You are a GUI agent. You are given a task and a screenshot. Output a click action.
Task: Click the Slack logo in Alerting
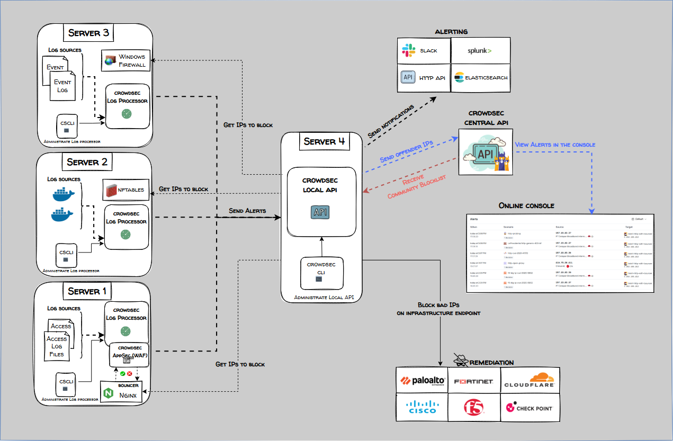coord(408,51)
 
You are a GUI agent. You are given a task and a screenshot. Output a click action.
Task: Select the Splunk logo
coord(479,51)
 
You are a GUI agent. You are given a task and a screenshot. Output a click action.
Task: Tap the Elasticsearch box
coord(480,78)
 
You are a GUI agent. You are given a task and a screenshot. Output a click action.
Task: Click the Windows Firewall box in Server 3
coord(126,60)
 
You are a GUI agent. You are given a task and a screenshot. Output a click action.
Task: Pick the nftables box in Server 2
coord(126,190)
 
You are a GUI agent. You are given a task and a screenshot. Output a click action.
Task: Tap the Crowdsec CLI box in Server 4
coord(321,272)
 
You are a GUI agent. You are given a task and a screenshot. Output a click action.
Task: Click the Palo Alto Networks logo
coord(422,381)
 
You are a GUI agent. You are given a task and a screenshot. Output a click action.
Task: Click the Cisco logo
coord(422,407)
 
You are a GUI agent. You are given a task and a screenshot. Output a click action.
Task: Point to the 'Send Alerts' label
coord(247,211)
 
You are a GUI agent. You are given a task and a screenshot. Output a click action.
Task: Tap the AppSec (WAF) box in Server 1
coord(128,353)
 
